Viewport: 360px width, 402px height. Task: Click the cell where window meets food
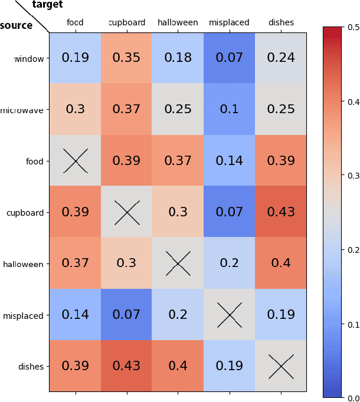(75, 58)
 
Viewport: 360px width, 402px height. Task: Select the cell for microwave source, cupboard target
(126, 109)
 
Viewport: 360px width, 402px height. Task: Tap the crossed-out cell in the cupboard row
(126, 212)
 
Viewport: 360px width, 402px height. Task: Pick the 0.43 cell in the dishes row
(126, 367)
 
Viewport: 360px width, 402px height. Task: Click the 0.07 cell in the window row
(230, 58)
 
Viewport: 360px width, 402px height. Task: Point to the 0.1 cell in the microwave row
(230, 109)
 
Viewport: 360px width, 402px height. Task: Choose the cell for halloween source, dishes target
(281, 263)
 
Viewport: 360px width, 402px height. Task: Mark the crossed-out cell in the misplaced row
(230, 315)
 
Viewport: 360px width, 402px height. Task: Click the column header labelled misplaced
(230, 23)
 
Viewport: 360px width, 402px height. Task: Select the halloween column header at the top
(178, 23)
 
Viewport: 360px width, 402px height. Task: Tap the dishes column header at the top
(281, 23)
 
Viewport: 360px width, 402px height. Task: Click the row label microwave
(22, 110)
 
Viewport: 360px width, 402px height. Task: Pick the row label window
(29, 58)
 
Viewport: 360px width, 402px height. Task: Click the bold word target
(48, 5)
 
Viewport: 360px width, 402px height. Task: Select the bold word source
(17, 25)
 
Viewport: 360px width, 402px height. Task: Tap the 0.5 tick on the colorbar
(354, 27)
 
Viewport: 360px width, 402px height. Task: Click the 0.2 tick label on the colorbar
(354, 250)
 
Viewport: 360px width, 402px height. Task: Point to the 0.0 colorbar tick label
(354, 398)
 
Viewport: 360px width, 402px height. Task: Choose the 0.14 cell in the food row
(230, 161)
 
